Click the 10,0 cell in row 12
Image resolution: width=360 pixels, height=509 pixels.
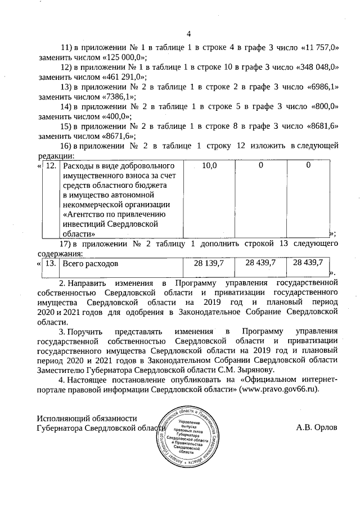pyautogui.click(x=209, y=166)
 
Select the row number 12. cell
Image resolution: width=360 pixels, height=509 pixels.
pyautogui.click(x=51, y=166)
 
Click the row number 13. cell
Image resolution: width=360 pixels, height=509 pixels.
pyautogui.click(x=51, y=263)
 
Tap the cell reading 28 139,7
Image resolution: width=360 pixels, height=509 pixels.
pyautogui.click(x=209, y=263)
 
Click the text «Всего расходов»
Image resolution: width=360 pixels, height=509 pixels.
pyautogui.click(x=91, y=263)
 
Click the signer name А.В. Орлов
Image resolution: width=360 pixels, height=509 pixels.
pyautogui.click(x=317, y=427)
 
